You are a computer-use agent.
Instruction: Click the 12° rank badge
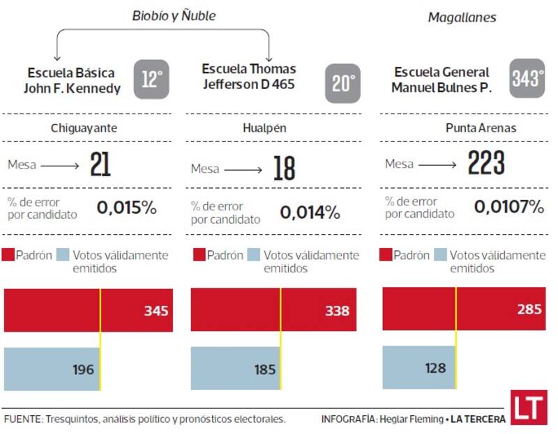click(151, 79)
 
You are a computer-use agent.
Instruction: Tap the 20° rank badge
click(343, 84)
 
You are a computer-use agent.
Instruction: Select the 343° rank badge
click(527, 78)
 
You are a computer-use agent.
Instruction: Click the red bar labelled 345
click(89, 310)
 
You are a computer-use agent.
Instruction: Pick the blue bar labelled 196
click(52, 369)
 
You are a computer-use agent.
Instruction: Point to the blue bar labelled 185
click(235, 369)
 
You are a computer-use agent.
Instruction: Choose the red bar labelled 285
click(464, 309)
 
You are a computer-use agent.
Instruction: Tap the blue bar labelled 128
click(419, 367)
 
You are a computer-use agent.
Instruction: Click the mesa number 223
click(486, 164)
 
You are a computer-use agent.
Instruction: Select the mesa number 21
click(100, 165)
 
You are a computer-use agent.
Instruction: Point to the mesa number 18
click(284, 169)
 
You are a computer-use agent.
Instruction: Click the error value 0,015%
click(127, 208)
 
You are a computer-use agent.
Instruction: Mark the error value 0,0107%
click(508, 206)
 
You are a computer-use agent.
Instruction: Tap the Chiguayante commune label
click(84, 128)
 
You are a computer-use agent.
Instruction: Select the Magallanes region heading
click(462, 17)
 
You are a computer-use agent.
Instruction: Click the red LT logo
click(529, 408)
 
